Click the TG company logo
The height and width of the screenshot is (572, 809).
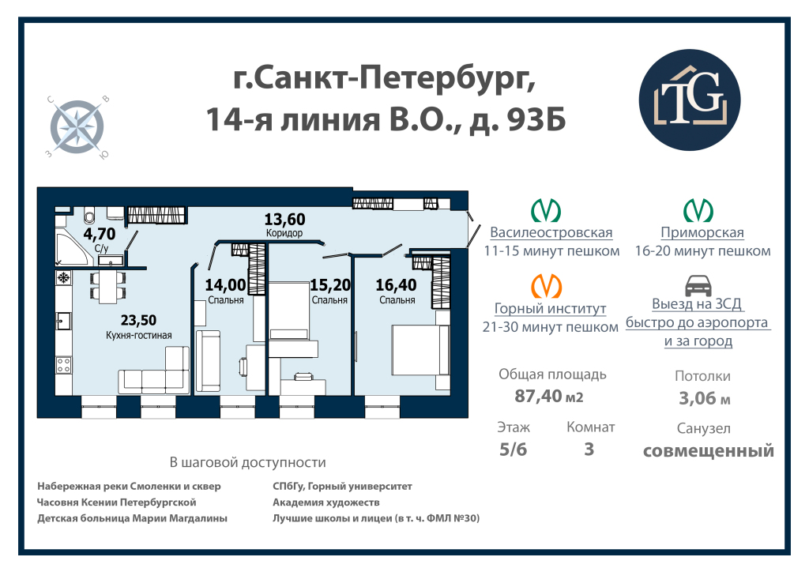[689, 100]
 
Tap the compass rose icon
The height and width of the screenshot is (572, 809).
[77, 126]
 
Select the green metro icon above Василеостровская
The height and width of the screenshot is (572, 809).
[546, 210]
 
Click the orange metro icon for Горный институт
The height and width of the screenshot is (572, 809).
[546, 286]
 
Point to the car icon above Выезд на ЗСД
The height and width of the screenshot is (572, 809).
[698, 286]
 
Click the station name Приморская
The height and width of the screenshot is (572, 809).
[702, 232]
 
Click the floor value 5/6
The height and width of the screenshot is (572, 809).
[513, 450]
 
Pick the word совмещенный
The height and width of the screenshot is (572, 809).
[709, 451]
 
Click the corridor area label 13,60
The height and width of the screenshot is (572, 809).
[284, 220]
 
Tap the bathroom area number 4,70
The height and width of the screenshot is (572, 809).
[100, 234]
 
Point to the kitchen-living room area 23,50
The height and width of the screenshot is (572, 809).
[138, 320]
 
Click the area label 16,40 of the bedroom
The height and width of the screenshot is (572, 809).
[396, 285]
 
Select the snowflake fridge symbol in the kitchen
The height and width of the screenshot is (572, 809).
[64, 278]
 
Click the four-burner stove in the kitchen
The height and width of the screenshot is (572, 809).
[64, 365]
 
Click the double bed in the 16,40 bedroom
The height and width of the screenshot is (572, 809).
[420, 350]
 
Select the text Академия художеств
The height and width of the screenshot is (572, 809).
[326, 502]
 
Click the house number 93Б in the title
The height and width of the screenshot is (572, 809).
[536, 119]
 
